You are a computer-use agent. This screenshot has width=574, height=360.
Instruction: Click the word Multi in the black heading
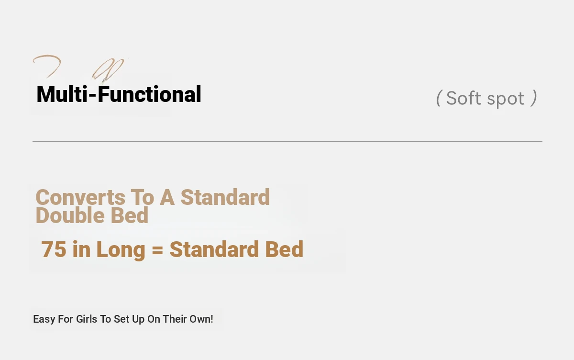62,94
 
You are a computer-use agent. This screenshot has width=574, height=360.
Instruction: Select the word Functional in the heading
149,94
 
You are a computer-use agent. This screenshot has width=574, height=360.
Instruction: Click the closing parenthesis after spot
534,98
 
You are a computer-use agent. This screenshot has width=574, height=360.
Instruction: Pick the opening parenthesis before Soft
439,98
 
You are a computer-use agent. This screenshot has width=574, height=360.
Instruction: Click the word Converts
80,197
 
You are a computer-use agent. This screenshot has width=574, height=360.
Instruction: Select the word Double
70,215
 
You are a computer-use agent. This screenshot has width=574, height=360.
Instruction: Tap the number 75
54,249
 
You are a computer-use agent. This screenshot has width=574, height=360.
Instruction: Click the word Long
121,250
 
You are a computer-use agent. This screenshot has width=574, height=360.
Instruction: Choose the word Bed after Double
130,215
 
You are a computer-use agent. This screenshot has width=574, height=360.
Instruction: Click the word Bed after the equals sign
284,249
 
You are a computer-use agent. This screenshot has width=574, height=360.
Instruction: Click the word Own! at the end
201,319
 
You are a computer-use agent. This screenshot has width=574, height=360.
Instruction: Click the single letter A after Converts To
167,197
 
